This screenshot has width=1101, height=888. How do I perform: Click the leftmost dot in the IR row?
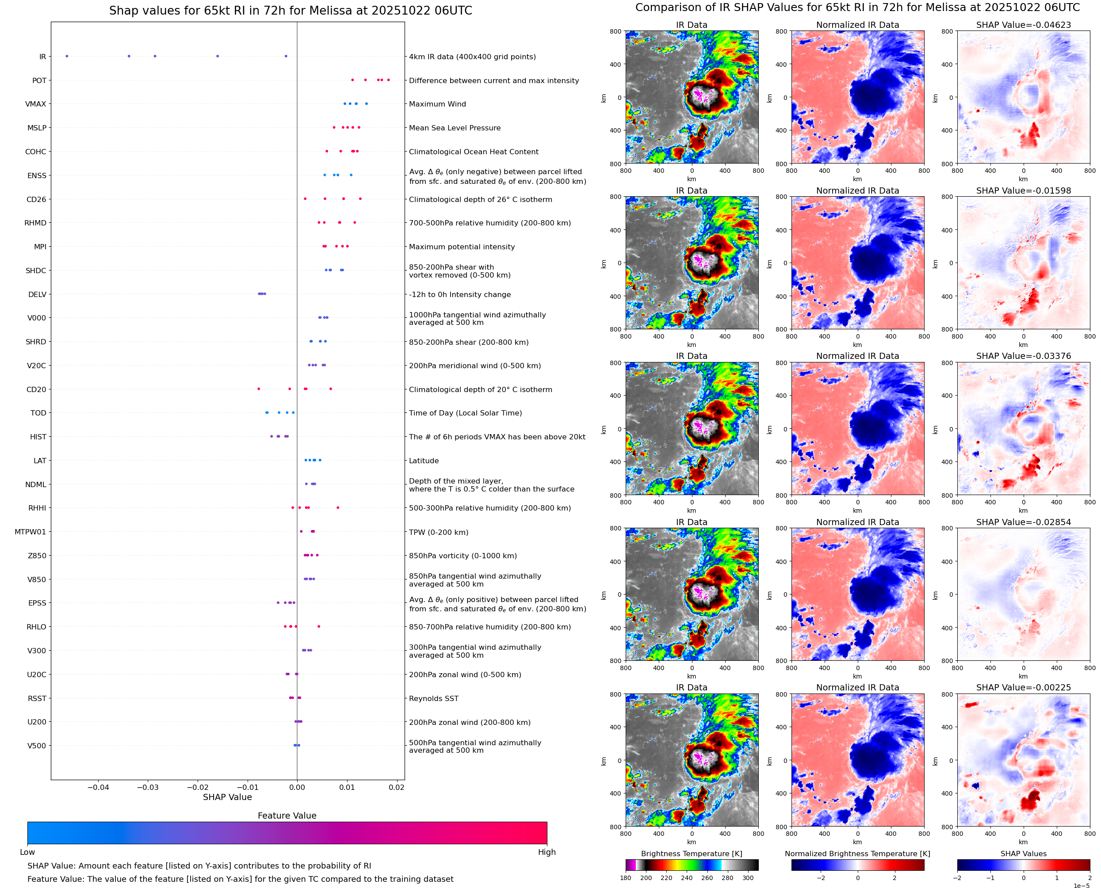(x=66, y=56)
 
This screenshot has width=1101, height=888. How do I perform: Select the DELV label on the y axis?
(x=37, y=295)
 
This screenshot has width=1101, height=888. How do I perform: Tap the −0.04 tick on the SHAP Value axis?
(x=98, y=787)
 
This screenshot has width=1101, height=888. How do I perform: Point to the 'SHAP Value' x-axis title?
(x=227, y=797)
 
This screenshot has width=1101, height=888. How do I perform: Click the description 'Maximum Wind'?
(x=437, y=104)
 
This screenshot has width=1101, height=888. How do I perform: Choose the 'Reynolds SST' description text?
(x=433, y=699)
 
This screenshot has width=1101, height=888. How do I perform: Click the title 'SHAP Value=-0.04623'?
(x=1023, y=25)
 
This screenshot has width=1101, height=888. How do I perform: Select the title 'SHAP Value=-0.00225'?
(x=1023, y=687)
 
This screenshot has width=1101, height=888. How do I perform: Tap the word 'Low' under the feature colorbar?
(x=27, y=852)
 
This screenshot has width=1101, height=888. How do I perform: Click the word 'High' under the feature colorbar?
(x=547, y=852)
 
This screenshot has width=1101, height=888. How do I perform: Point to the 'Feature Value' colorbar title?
(x=287, y=816)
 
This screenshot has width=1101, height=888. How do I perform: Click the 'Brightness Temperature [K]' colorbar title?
(x=691, y=854)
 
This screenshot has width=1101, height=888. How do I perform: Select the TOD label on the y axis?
(x=38, y=413)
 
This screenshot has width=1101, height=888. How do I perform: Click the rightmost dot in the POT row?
(x=388, y=80)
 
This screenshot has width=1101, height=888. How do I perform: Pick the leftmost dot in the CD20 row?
(x=258, y=389)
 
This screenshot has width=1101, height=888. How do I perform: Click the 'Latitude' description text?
(x=424, y=461)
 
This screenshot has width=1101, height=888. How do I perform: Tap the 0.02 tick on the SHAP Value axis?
(x=396, y=787)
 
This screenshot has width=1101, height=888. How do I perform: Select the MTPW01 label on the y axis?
(x=30, y=532)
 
